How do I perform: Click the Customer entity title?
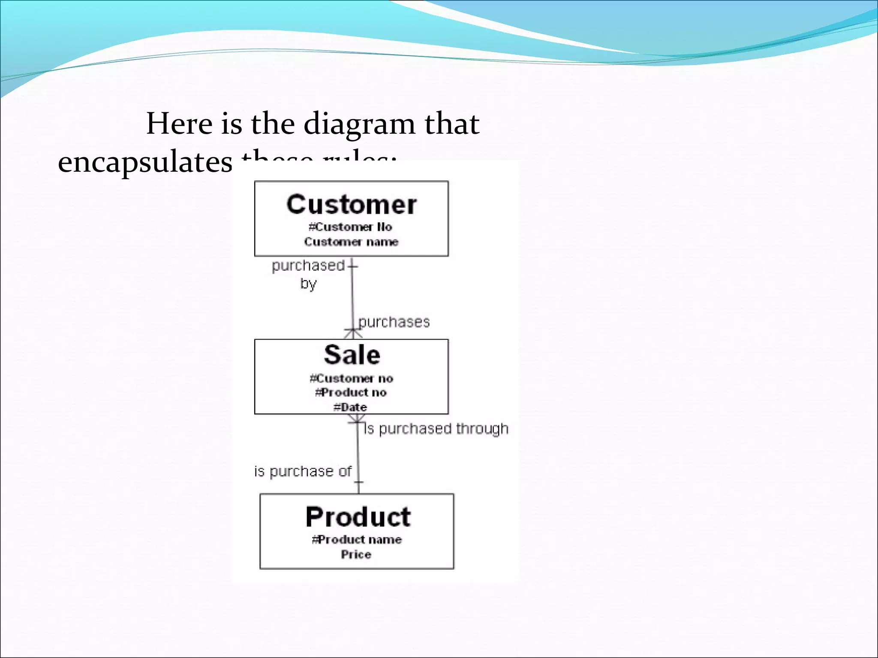[351, 204]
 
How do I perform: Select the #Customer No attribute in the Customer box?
[350, 227]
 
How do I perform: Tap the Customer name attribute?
[351, 242]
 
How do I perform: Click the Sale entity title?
[352, 355]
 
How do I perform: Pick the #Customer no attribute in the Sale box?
[351, 379]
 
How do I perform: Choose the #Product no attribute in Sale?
[351, 392]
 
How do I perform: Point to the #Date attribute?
[350, 407]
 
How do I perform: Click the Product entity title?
[358, 517]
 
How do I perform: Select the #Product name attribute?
[357, 540]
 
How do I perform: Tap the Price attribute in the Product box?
[356, 554]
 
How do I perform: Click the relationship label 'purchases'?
[394, 322]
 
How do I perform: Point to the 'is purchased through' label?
[436, 429]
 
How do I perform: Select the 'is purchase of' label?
[303, 471]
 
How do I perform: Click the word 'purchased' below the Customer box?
[308, 266]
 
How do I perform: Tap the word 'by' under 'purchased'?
[308, 284]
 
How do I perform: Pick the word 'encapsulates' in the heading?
[145, 162]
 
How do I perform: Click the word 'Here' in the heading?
[179, 124]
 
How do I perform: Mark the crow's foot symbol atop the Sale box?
[352, 333]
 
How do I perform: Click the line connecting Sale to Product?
[358, 454]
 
